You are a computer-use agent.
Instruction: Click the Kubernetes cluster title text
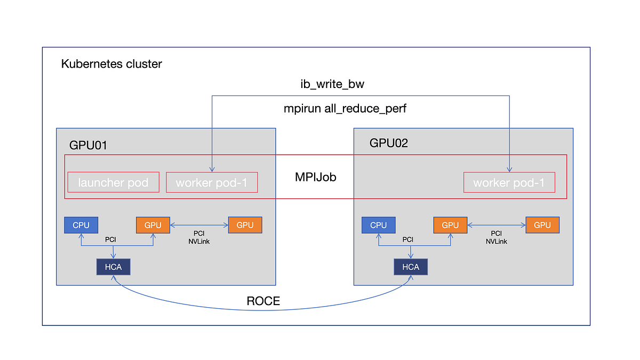click(111, 65)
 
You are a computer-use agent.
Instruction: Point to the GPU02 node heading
click(389, 143)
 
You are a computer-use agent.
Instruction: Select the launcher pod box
click(113, 182)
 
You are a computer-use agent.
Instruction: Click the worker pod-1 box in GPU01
click(212, 182)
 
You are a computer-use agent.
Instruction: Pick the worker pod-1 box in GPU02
click(509, 182)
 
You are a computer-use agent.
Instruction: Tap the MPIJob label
click(316, 177)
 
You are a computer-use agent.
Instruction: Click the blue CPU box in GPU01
click(81, 225)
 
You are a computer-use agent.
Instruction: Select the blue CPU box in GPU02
click(378, 225)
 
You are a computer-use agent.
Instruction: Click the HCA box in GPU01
click(113, 267)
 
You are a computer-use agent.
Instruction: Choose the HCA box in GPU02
click(411, 267)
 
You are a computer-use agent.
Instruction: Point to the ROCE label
click(263, 301)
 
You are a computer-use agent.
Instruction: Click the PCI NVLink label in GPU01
click(198, 237)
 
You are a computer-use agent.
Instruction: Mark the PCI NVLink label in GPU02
click(496, 237)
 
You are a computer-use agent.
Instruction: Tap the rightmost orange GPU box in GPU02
click(542, 225)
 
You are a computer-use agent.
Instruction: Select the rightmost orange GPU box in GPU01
click(245, 225)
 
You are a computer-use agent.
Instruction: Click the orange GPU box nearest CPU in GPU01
click(153, 225)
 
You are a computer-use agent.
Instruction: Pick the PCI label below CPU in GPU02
click(407, 239)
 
